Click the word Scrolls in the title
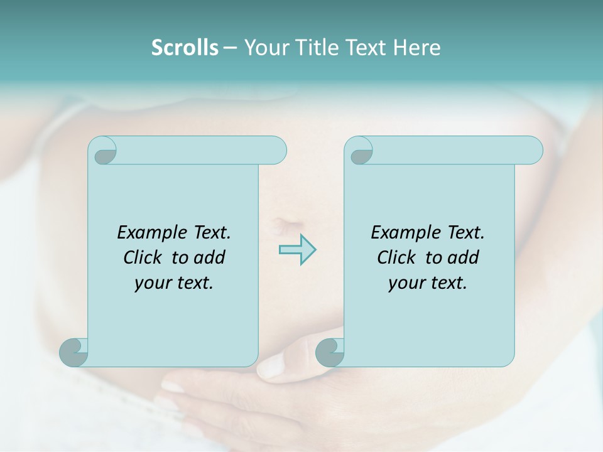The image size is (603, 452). (x=185, y=48)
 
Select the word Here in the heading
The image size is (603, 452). (x=417, y=48)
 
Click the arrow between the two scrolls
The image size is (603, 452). (x=297, y=249)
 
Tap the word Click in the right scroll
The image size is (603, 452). (x=396, y=257)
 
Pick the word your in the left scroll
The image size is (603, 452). (x=151, y=283)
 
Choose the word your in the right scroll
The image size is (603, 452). (x=405, y=283)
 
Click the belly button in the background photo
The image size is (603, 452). (x=282, y=224)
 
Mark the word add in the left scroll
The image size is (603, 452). (x=210, y=257)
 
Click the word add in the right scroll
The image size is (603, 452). (x=464, y=257)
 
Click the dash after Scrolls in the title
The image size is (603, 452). (x=230, y=48)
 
